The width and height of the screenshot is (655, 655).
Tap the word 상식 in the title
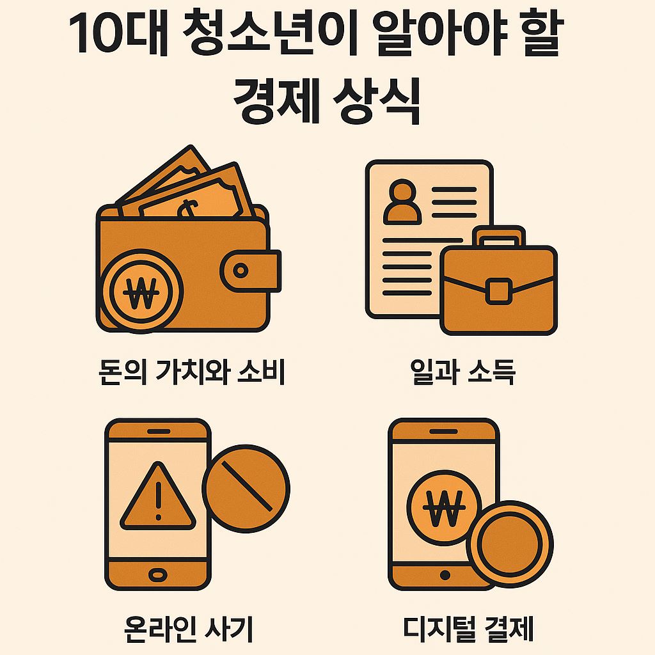(377, 99)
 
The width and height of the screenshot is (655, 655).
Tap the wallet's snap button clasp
(241, 271)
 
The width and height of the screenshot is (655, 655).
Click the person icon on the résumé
(401, 201)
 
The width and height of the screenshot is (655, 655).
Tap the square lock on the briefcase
(498, 290)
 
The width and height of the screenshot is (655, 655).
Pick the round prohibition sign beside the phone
(246, 487)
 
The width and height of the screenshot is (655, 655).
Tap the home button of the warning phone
(157, 574)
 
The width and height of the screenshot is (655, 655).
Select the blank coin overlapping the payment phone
(509, 544)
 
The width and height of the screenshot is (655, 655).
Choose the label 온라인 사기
(189, 628)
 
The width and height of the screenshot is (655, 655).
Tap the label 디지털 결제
(468, 628)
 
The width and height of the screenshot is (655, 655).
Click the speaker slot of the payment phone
(443, 433)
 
